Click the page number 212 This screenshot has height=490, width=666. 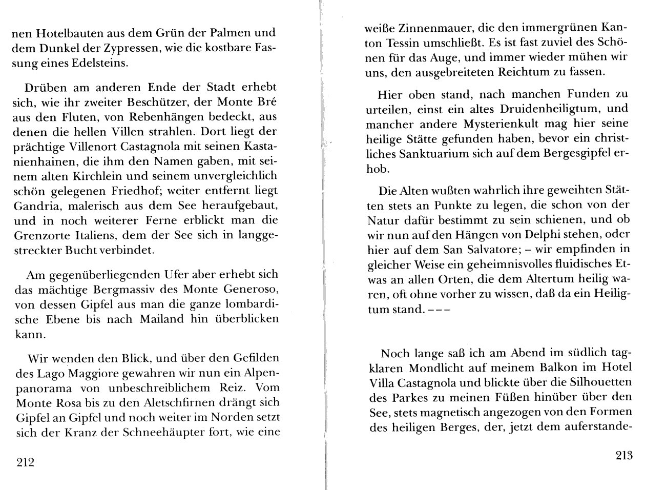[25, 462]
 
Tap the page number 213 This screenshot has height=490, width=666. [622, 455]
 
